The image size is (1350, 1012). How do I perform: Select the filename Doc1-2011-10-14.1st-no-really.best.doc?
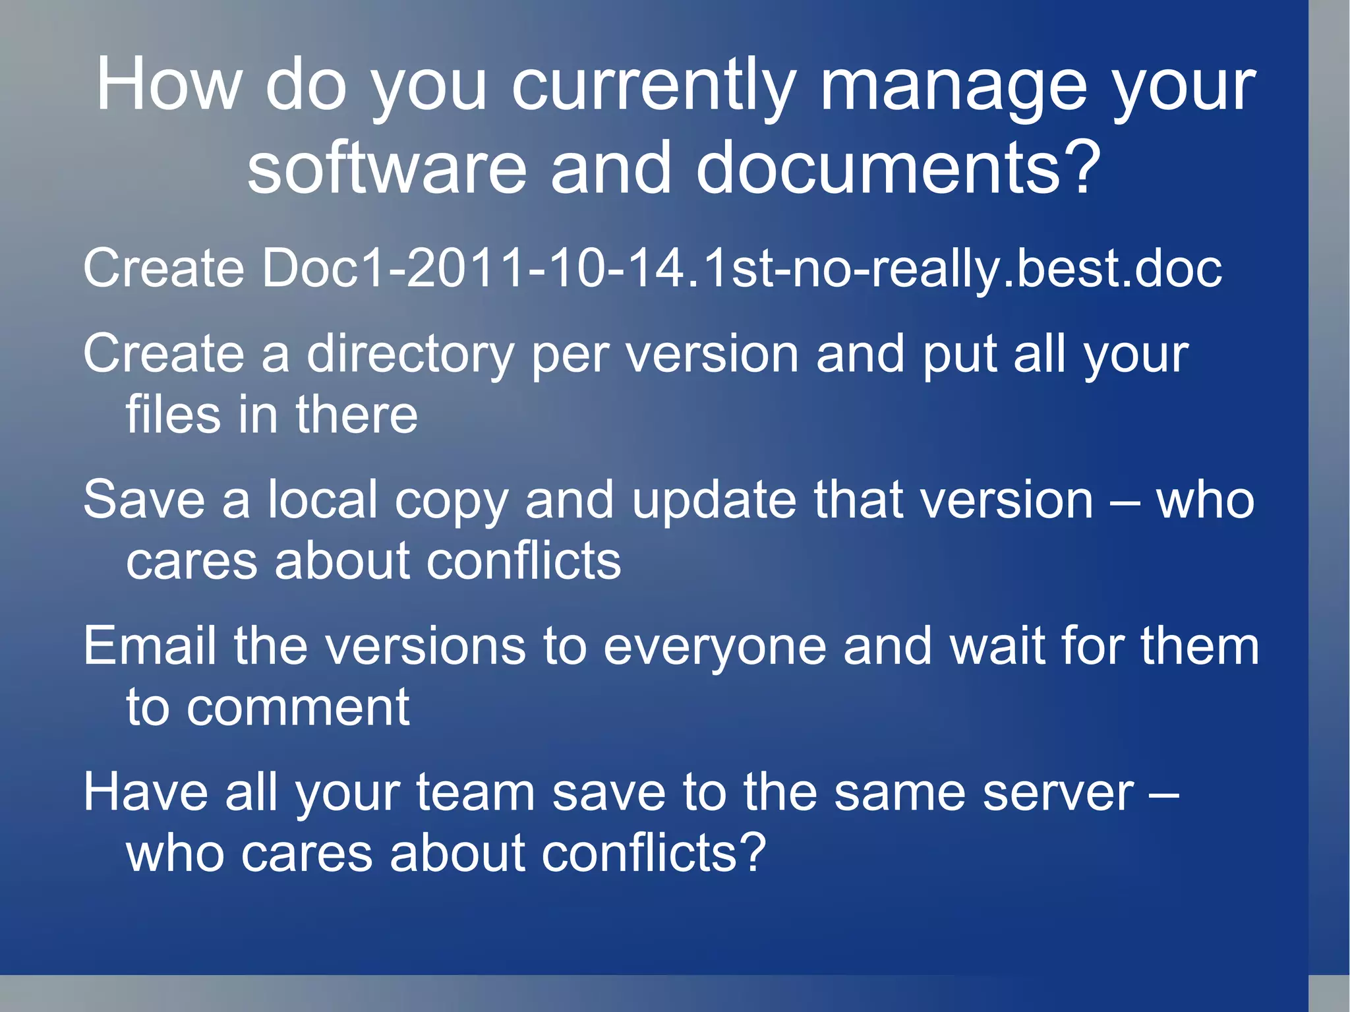click(742, 269)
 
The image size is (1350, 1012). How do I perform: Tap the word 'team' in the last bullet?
click(475, 793)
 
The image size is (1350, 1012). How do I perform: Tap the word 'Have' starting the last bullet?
click(146, 792)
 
